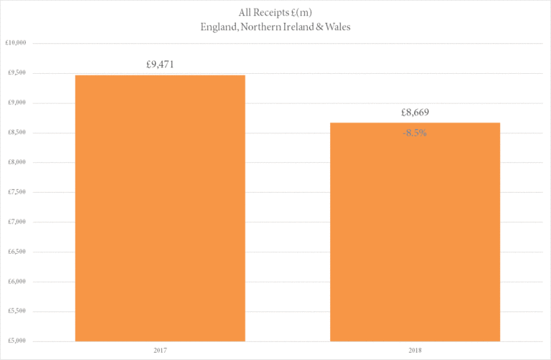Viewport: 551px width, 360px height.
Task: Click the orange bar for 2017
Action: point(160,208)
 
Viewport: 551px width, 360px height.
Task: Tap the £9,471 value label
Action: point(160,65)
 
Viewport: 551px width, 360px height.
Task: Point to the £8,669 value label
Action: point(415,113)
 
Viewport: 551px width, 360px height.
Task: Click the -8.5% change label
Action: point(414,133)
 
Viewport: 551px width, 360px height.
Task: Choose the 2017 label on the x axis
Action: point(160,351)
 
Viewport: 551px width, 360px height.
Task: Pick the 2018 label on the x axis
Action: point(415,351)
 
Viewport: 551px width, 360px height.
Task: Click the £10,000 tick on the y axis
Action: point(16,42)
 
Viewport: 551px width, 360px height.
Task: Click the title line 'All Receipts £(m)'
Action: point(275,12)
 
